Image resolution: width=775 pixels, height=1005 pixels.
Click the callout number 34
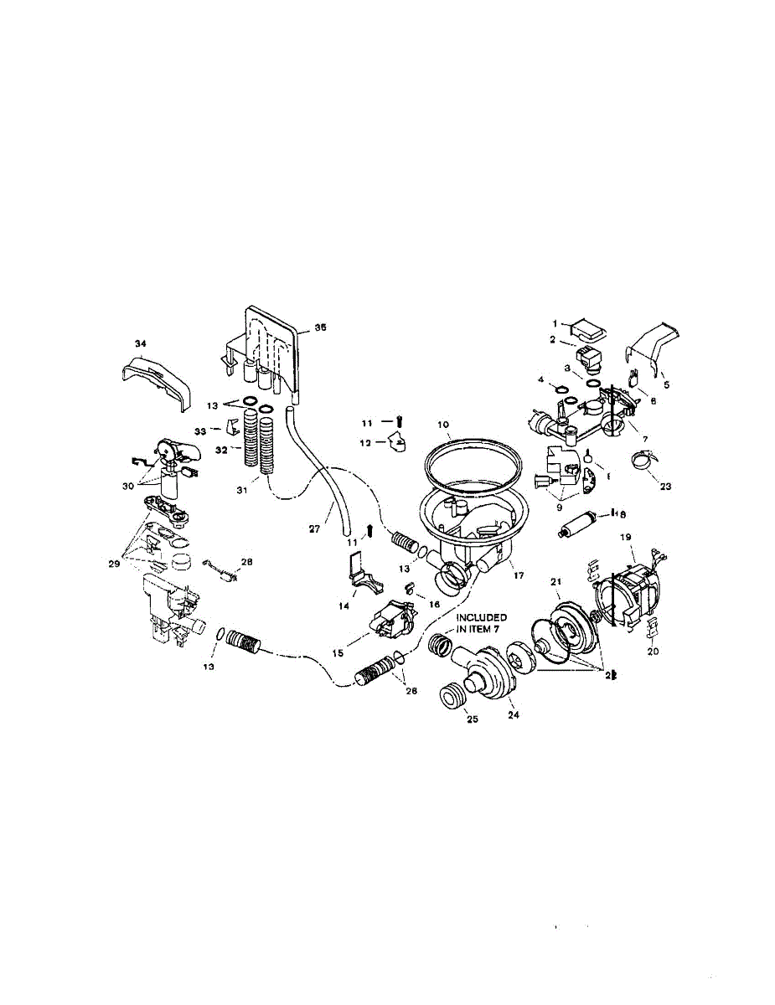pos(140,343)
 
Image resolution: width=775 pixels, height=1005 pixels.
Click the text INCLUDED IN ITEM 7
pos(482,622)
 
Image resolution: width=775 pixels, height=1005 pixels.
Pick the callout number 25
pos(472,719)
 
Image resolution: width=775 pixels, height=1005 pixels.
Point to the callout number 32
pos(222,450)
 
